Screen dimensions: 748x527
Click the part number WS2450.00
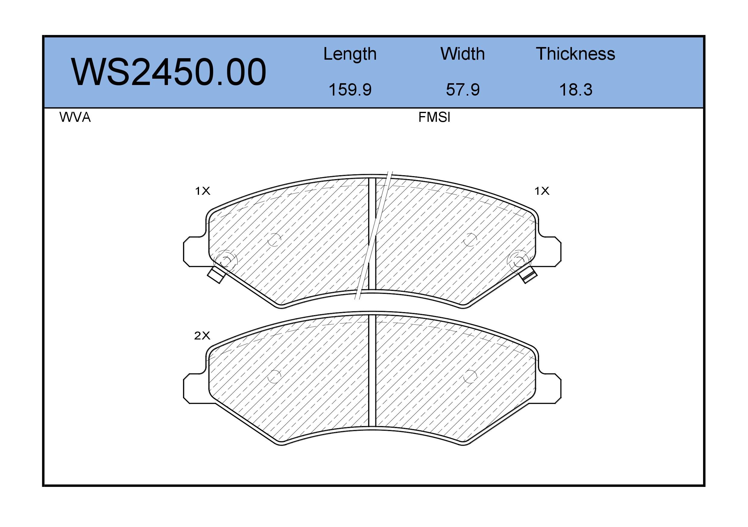pos(169,72)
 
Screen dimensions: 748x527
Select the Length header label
pos(350,54)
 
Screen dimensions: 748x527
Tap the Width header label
pos(462,54)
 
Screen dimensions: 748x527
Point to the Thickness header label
pos(575,54)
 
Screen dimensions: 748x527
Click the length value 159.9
pos(350,90)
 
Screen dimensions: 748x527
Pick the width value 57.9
pos(462,90)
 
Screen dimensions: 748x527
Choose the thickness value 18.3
pos(576,90)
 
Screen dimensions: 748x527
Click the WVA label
pos(75,117)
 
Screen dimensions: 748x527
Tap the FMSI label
pos(434,117)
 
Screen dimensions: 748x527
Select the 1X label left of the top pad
pos(203,191)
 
